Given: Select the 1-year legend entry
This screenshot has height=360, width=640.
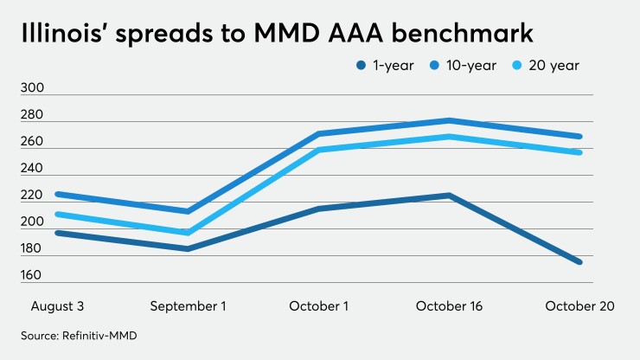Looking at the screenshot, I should [370, 65].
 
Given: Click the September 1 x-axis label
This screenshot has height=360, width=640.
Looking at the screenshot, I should [187, 306].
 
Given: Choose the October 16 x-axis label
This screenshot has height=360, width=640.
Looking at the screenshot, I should [449, 306].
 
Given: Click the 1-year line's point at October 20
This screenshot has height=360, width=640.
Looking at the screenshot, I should [579, 261].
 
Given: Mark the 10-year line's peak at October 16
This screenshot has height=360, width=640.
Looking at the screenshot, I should [449, 120].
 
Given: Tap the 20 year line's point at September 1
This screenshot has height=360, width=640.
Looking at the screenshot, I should [187, 233].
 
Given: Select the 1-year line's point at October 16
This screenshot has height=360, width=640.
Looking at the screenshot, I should [449, 196].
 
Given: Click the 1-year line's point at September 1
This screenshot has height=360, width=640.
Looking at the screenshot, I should [187, 248].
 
